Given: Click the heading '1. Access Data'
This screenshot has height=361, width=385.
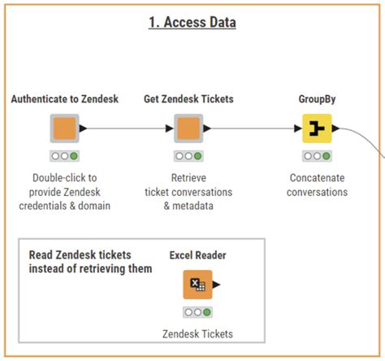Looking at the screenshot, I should pyautogui.click(x=192, y=23).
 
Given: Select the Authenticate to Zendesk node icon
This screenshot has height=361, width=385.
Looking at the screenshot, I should pyautogui.click(x=64, y=128).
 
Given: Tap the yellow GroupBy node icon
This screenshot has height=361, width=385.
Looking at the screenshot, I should pyautogui.click(x=318, y=128).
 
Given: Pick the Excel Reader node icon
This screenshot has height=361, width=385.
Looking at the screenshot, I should pyautogui.click(x=197, y=285).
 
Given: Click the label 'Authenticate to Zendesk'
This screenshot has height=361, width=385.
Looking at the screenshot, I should pyautogui.click(x=64, y=99).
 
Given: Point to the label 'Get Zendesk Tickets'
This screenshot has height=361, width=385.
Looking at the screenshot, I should pyautogui.click(x=188, y=99).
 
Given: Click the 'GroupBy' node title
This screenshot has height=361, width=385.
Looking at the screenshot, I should pyautogui.click(x=318, y=99).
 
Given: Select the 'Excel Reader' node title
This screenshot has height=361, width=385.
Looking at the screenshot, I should pyautogui.click(x=197, y=255).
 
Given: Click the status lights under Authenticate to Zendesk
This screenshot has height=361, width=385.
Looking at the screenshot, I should pyautogui.click(x=64, y=155).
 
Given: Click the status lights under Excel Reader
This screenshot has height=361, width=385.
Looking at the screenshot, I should pyautogui.click(x=197, y=312).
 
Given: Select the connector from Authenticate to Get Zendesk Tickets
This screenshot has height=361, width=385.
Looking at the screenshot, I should pyautogui.click(x=126, y=128).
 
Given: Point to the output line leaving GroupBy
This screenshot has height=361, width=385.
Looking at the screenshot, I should pyautogui.click(x=357, y=132).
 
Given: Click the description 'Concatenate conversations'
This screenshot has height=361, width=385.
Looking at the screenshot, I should pyautogui.click(x=318, y=185).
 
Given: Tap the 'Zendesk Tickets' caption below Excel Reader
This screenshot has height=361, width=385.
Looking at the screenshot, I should pyautogui.click(x=197, y=334).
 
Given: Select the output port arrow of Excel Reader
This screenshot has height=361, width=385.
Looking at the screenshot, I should pyautogui.click(x=216, y=285).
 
